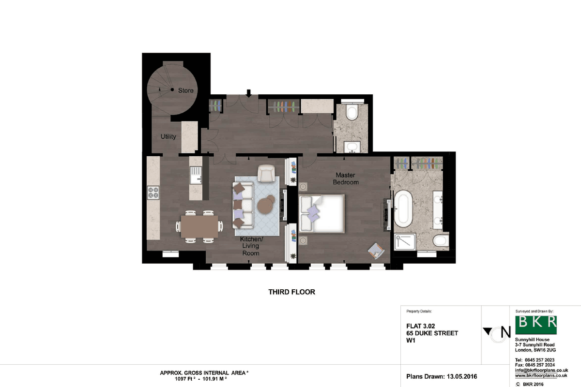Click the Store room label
186,90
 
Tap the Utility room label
168,136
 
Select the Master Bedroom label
346,179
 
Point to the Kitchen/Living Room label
251,246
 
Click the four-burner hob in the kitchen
153,193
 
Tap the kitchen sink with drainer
196,175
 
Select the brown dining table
199,226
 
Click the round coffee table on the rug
266,205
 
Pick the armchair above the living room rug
266,173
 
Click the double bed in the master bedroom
321,214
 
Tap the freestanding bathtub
403,208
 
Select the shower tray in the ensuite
405,242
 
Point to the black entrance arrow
248,93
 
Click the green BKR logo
536,325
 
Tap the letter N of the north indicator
505,332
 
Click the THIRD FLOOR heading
291,292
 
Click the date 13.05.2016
461,377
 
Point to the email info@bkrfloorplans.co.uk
541,371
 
